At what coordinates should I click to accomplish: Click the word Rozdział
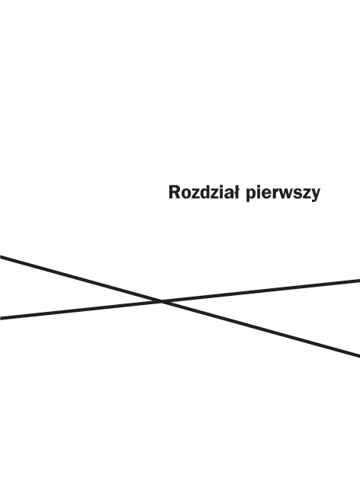click(x=204, y=192)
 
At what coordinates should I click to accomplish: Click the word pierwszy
click(x=283, y=194)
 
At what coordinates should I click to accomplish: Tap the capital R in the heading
click(x=175, y=192)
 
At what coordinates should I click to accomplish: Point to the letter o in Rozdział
click(x=186, y=194)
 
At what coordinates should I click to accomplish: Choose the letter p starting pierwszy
click(x=251, y=195)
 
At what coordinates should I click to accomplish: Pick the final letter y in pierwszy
click(x=316, y=196)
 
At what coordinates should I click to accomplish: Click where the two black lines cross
click(x=162, y=301)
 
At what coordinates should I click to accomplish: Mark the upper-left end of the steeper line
click(x=0, y=257)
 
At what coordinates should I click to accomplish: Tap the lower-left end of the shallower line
click(x=0, y=318)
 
